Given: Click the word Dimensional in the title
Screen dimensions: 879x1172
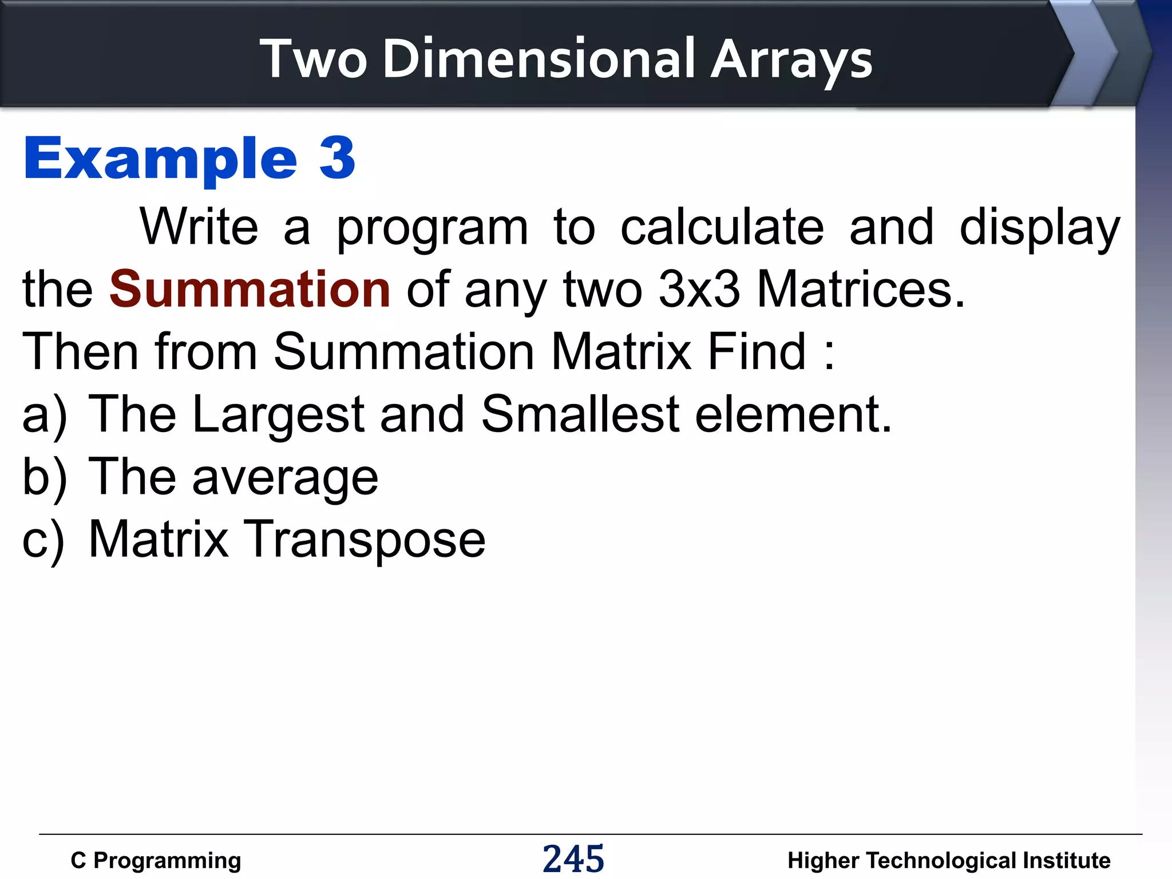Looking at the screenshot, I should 539,58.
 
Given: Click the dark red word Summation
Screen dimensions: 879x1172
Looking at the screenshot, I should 250,289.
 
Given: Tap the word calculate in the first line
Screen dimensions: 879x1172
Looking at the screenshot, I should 722,227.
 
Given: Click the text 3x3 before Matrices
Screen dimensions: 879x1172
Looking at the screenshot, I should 699,289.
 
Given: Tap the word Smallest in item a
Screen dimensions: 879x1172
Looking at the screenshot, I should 580,414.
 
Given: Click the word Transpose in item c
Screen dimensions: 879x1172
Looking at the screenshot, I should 365,540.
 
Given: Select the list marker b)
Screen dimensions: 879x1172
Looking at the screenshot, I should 44,477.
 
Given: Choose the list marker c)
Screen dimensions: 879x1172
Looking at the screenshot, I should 43,540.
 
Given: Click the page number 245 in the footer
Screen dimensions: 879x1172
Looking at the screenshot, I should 573,859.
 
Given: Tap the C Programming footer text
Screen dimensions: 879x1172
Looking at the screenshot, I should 156,860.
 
